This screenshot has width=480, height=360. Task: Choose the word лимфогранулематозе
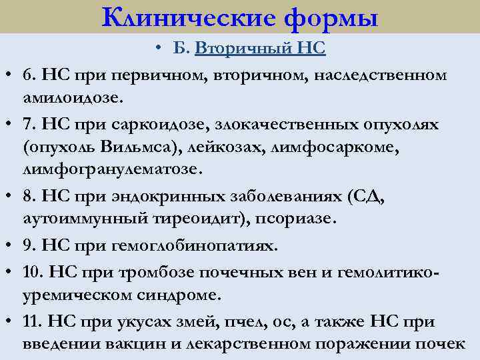click(111, 171)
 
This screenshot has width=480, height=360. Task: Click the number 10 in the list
click(29, 270)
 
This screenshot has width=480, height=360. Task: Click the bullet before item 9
click(13, 245)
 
